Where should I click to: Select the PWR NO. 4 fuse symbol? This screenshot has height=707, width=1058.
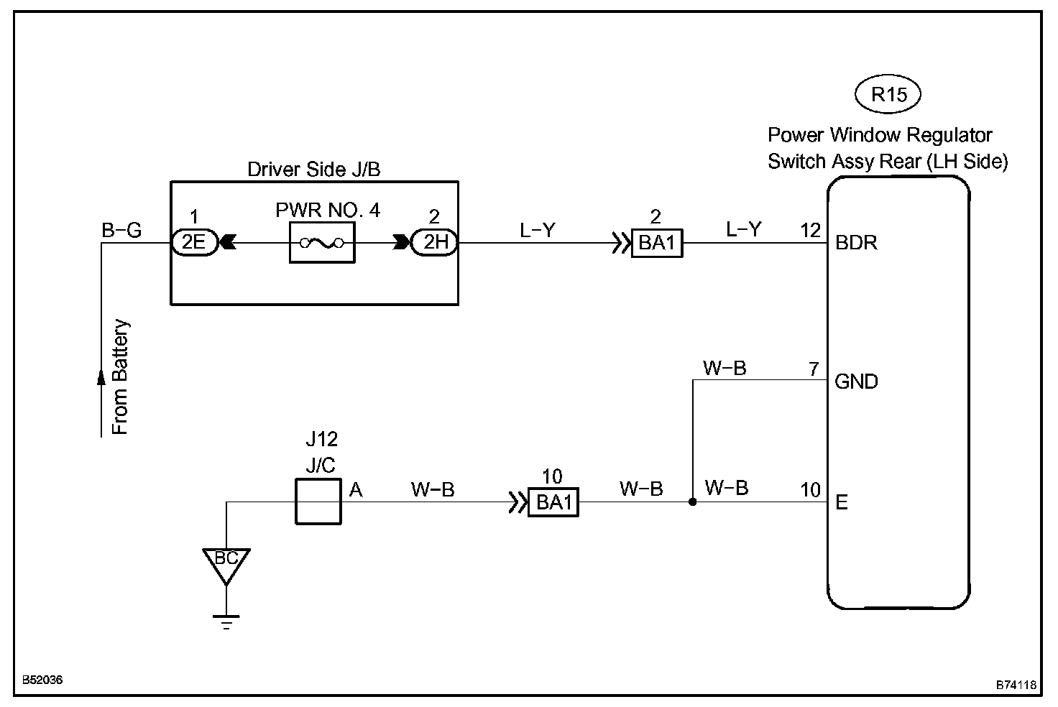click(x=322, y=243)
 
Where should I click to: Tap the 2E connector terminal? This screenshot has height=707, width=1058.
click(x=194, y=242)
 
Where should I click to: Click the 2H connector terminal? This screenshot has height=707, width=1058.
click(x=435, y=242)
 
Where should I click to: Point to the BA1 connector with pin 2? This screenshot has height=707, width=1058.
click(x=657, y=244)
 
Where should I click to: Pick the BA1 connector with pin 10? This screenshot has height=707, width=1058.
click(x=553, y=502)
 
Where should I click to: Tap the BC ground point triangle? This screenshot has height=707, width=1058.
click(x=226, y=565)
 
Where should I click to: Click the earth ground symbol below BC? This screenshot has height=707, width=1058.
click(x=226, y=622)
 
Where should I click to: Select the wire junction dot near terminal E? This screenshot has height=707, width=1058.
click(x=692, y=502)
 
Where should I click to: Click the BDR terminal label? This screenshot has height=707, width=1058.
click(x=856, y=243)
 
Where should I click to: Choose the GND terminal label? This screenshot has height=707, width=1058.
click(x=856, y=381)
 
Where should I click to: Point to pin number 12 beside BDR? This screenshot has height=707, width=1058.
click(x=811, y=231)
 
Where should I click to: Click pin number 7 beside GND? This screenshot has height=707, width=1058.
click(x=814, y=369)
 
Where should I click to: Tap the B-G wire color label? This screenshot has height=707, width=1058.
click(x=121, y=230)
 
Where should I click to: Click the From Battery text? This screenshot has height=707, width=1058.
click(x=120, y=377)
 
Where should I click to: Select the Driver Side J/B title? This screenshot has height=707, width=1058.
click(x=313, y=169)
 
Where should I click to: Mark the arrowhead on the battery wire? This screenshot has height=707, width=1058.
click(x=101, y=377)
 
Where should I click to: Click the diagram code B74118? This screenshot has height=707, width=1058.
click(x=1016, y=685)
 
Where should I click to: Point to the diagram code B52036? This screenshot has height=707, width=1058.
click(x=42, y=680)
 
